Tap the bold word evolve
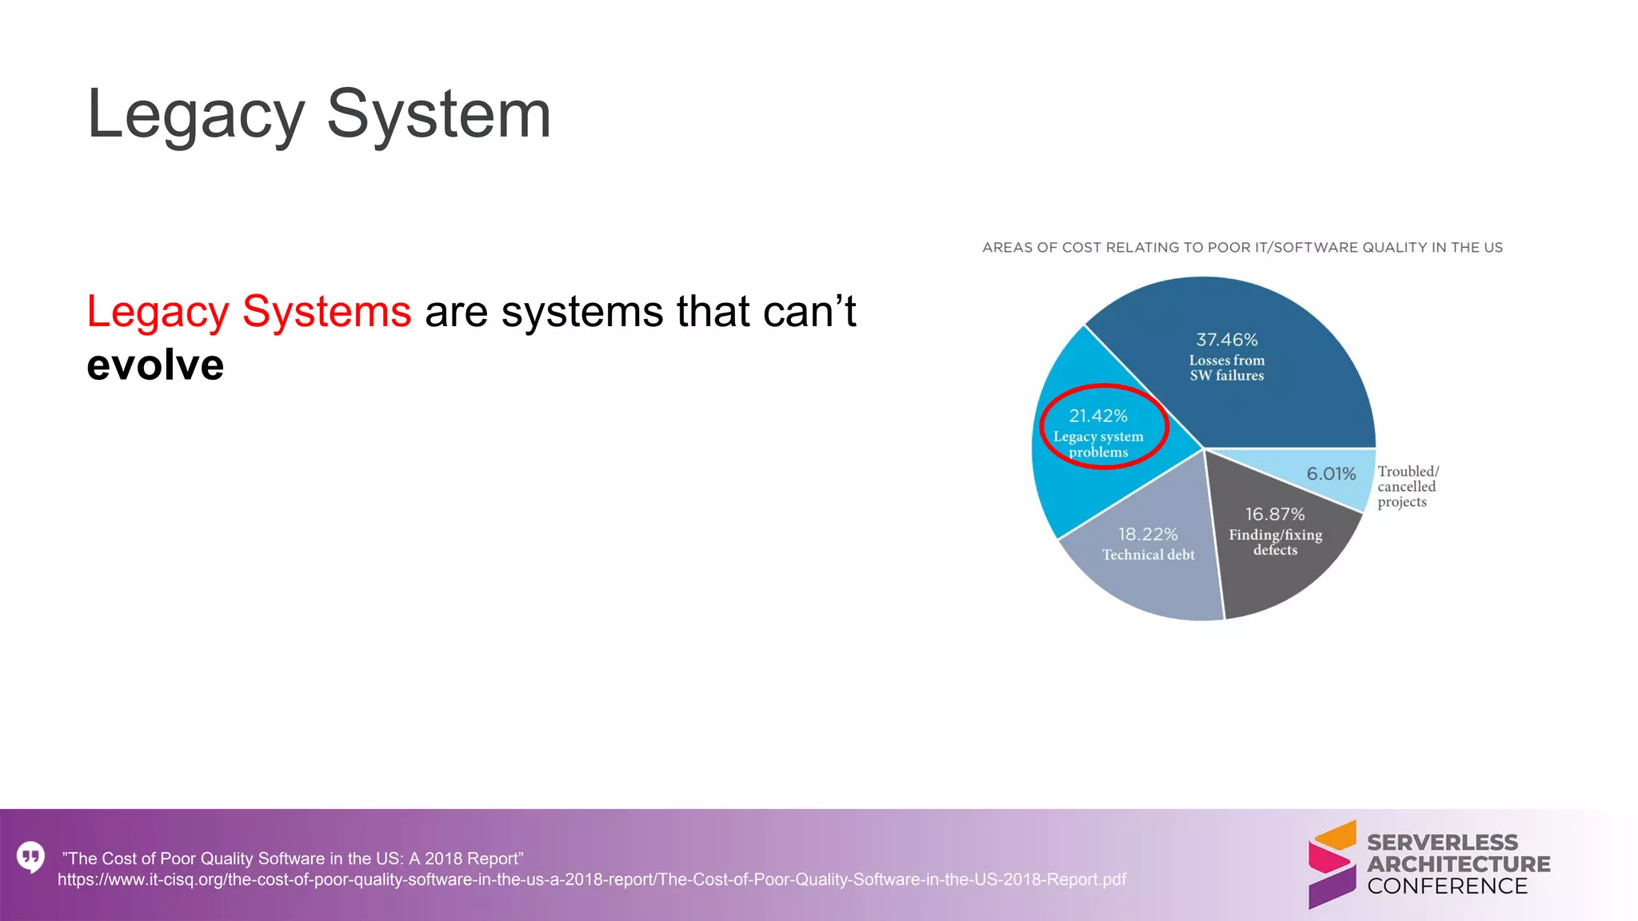[155, 365]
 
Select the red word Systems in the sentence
[326, 311]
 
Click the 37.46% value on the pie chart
[1227, 340]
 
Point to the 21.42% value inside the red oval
[1098, 416]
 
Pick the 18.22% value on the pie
[1148, 534]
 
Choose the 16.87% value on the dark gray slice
[1275, 514]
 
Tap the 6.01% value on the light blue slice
[1331, 474]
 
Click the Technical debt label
[1149, 555]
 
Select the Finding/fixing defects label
[1276, 542]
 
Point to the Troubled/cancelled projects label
[1408, 486]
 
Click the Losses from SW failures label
[1227, 368]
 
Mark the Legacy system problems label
[1098, 445]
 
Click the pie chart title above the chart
[1242, 248]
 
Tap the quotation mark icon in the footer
[30, 857]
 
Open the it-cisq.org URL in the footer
[591, 880]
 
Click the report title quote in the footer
[293, 859]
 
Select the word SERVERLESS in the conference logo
[1442, 843]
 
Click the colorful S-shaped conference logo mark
[1332, 864]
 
